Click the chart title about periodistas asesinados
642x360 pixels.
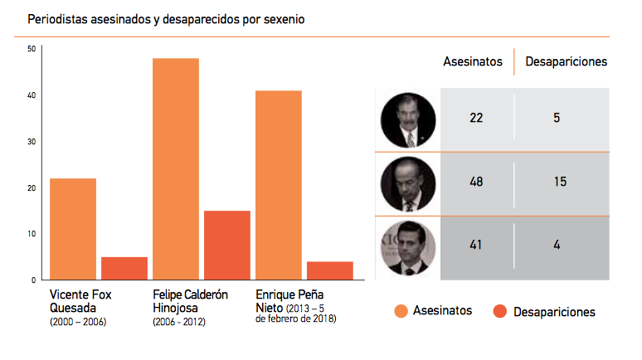pos(166,17)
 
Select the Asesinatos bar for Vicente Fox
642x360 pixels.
pos(73,229)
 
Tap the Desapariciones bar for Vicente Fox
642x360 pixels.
pos(124,268)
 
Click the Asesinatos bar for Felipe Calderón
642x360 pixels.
pos(176,169)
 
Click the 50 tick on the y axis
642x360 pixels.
pos(31,49)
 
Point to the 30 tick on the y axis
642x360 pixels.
pos(31,142)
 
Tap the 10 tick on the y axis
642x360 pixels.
pos(31,234)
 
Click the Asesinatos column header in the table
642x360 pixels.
pos(473,61)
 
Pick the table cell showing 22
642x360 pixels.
pos(476,118)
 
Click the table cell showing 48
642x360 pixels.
pos(476,182)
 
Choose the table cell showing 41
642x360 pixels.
pos(476,246)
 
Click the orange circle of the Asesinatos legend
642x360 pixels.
pos(401,311)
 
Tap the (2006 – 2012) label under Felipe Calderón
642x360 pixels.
pos(178,321)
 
